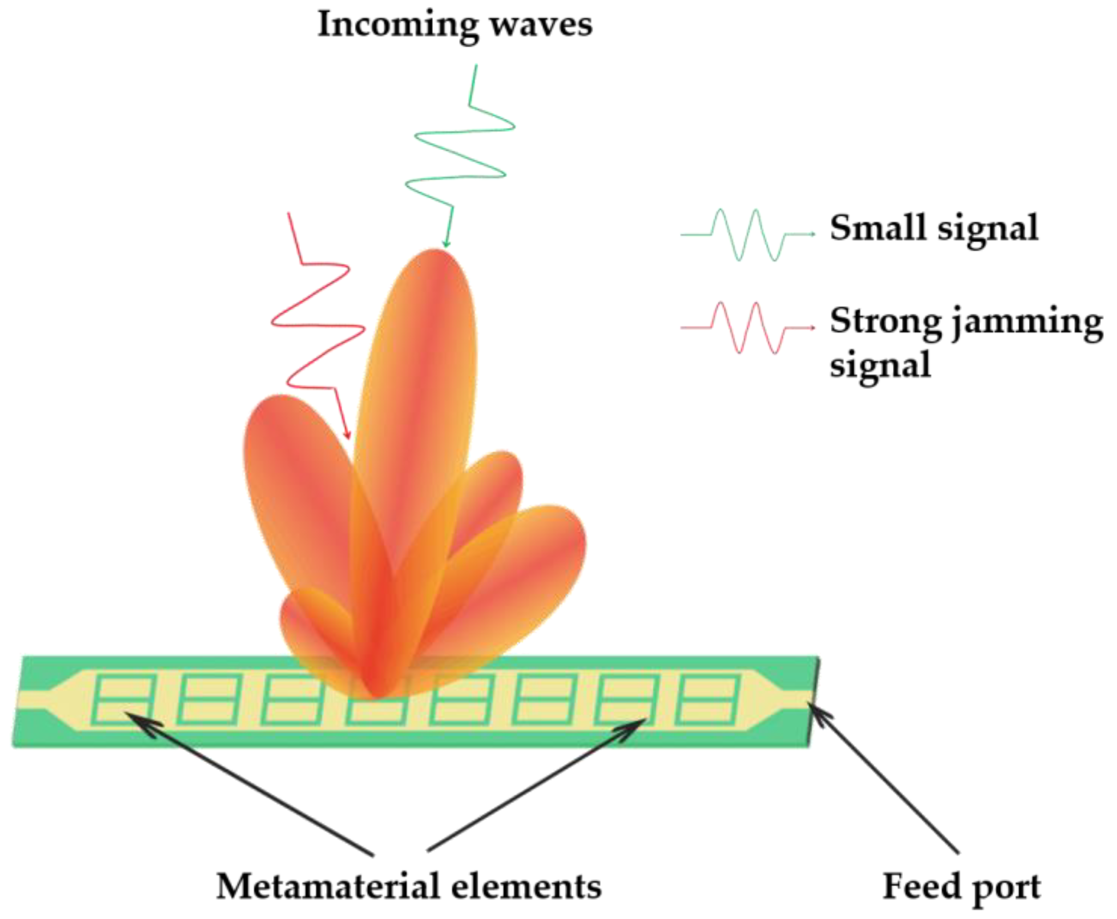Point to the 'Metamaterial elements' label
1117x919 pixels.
409,886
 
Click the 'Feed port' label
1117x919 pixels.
961,886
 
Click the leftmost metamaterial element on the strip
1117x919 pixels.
123,699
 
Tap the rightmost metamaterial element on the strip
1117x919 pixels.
708,699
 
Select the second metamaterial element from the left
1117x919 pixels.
208,699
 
